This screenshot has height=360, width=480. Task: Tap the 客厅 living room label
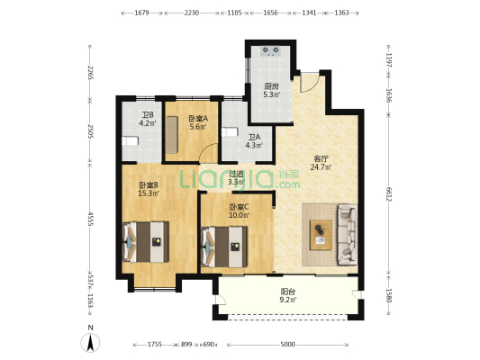click(321, 163)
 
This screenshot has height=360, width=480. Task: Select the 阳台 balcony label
click(288, 295)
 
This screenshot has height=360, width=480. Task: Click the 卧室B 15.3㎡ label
click(149, 189)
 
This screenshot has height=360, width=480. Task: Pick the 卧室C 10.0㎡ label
click(240, 211)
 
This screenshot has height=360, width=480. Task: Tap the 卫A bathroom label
click(254, 141)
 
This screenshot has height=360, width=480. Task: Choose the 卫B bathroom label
click(148, 120)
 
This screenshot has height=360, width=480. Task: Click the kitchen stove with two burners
click(270, 51)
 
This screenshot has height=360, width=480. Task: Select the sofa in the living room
click(347, 235)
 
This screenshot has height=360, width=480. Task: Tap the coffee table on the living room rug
click(321, 235)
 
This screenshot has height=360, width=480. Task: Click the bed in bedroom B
click(146, 242)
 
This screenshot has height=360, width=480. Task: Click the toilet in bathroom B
click(130, 141)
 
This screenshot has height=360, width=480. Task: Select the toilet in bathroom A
click(230, 131)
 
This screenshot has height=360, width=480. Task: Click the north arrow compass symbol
click(90, 343)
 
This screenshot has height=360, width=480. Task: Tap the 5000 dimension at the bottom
click(288, 345)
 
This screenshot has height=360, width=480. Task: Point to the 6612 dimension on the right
click(389, 194)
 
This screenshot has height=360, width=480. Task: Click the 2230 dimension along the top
click(192, 13)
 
